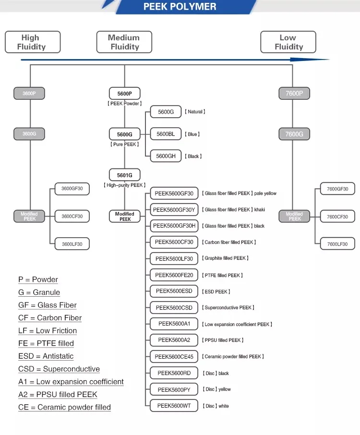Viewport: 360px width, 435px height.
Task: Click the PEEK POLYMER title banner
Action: [180, 7]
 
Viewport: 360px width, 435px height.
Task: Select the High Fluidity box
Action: [33, 42]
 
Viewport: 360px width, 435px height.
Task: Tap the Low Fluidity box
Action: [288, 42]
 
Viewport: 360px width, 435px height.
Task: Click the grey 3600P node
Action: [29, 93]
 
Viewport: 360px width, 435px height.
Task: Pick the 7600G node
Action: [294, 134]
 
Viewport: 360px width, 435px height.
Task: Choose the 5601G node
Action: [125, 175]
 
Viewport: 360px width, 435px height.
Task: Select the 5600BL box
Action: [166, 134]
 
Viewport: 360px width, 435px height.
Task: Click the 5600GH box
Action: [166, 156]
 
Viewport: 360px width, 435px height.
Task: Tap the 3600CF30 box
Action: [72, 217]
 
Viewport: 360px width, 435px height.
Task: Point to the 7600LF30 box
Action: [337, 244]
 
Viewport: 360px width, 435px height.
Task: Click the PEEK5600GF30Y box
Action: [174, 210]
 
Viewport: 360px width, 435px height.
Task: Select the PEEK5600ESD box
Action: [174, 291]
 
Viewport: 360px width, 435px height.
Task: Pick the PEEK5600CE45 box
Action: [174, 357]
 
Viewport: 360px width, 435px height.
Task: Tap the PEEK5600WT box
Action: [174, 406]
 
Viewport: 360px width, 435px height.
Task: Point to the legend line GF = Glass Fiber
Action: [48, 305]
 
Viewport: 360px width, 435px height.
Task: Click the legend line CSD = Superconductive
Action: [59, 369]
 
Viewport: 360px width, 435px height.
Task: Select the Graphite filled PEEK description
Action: [226, 258]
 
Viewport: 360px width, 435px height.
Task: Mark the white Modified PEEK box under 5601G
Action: [125, 217]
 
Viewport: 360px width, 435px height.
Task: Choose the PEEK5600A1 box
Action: [174, 324]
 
